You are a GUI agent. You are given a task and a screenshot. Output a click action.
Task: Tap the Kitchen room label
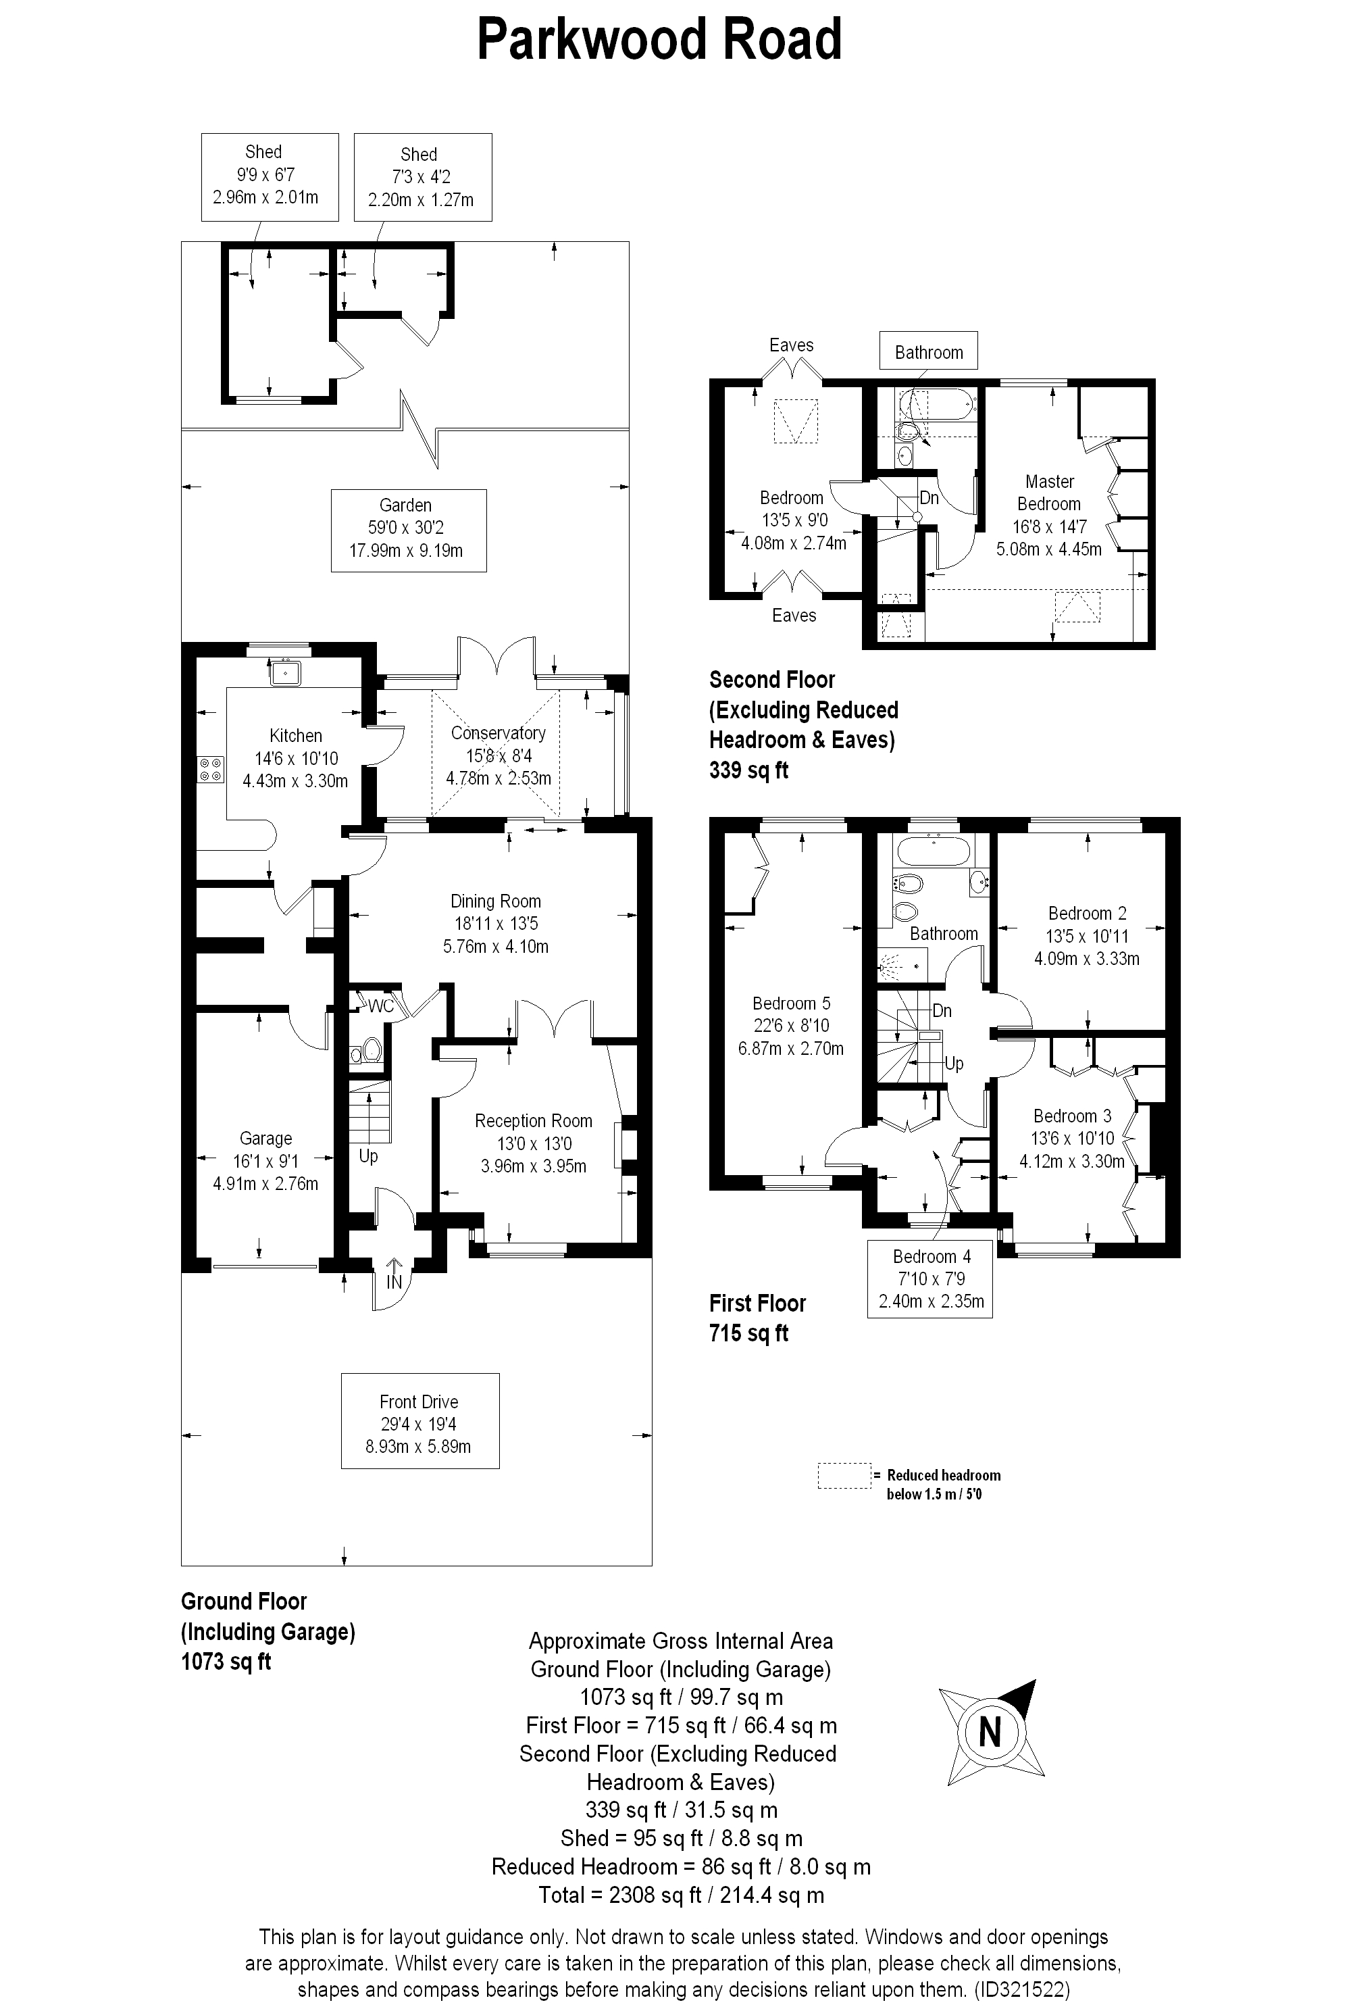point(296,736)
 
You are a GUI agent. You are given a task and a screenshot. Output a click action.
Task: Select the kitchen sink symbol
point(284,672)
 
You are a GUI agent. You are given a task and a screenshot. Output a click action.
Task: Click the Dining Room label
point(495,901)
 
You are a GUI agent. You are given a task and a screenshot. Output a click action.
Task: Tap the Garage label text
point(265,1139)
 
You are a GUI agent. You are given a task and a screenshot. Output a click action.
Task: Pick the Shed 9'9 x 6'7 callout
point(269,177)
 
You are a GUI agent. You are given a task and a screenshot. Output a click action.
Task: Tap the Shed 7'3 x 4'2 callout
point(422,178)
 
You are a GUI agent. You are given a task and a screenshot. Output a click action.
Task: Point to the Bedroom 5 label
point(791,1003)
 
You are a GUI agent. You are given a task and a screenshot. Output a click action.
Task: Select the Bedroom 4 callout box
point(931,1279)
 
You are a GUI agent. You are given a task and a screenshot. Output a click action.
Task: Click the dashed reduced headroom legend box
point(844,1476)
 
